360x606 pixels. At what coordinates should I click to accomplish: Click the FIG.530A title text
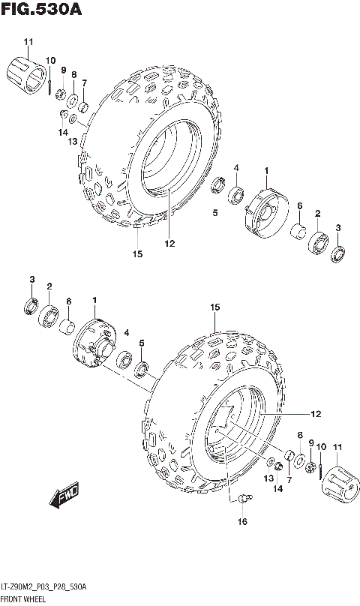[x=40, y=10]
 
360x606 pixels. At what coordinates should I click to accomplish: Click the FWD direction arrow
[x=66, y=496]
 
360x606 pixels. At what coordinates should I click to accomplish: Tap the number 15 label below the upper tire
[x=137, y=254]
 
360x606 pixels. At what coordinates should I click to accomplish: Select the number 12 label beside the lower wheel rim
[x=316, y=413]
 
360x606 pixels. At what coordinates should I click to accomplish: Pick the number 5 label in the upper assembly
[x=214, y=213]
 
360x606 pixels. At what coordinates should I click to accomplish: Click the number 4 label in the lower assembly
[x=127, y=332]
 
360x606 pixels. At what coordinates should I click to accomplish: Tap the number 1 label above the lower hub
[x=95, y=301]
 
